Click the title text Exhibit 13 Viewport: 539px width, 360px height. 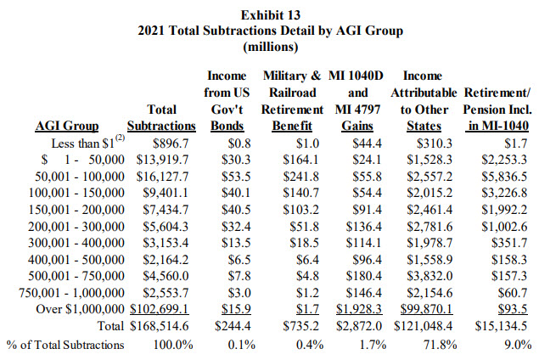click(271, 15)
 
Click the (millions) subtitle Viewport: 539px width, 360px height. click(271, 47)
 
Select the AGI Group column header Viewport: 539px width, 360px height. click(67, 126)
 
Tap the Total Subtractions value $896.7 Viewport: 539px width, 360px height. click(171, 143)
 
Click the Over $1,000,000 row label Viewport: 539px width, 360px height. click(80, 309)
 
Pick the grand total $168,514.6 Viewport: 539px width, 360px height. click(160, 326)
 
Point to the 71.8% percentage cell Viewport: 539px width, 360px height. click(441, 344)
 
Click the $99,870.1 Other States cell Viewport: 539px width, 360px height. click(427, 309)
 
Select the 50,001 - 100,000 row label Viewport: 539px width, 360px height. click(80, 177)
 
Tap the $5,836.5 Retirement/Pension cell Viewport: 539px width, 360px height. click(504, 177)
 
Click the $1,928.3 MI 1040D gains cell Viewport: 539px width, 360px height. click(359, 309)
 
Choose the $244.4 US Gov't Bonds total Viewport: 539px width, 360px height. click(233, 326)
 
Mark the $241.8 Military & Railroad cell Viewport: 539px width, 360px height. click(300, 177)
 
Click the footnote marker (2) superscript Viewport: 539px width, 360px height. click(120, 138)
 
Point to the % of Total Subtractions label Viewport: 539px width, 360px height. click(65, 345)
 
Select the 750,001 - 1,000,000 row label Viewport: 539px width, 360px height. click(71, 293)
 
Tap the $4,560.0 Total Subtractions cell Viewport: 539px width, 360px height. click(166, 276)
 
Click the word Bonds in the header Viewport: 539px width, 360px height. click(227, 126)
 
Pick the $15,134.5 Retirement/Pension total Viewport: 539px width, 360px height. click(501, 326)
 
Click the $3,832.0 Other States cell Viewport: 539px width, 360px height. click(430, 276)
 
